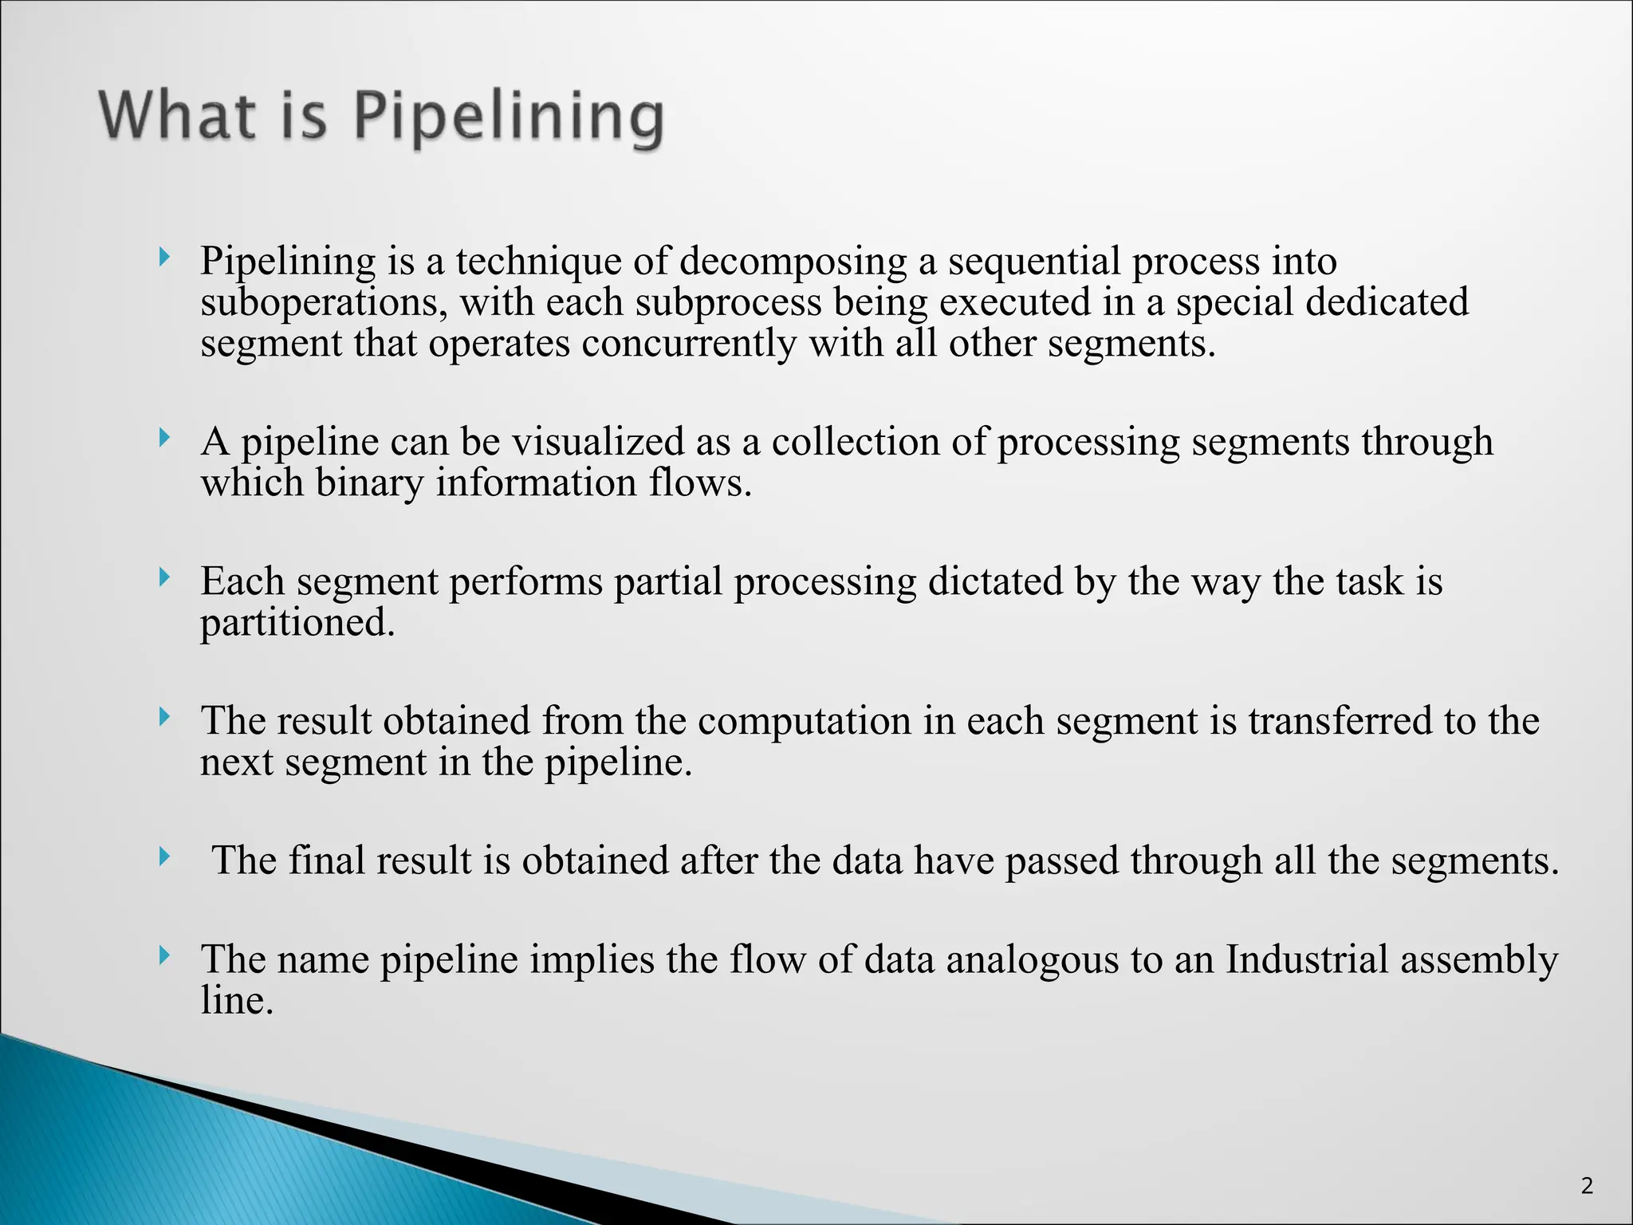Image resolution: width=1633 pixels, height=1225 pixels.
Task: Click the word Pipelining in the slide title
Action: tap(508, 117)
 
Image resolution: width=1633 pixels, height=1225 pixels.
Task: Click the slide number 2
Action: tap(1587, 1186)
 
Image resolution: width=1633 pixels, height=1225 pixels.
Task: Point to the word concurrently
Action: tap(689, 345)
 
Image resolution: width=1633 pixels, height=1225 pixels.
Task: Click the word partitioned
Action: tap(297, 623)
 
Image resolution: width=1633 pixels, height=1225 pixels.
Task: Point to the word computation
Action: tap(805, 721)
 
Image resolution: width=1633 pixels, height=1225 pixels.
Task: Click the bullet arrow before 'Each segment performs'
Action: tap(164, 577)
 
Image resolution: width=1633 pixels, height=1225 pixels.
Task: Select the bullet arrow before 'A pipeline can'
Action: tap(164, 437)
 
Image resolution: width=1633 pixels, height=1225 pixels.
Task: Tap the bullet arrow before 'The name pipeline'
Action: tap(164, 955)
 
